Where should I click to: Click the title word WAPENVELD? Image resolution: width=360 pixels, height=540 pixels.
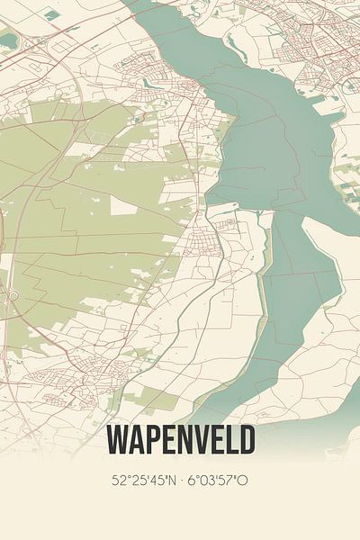tap(180, 439)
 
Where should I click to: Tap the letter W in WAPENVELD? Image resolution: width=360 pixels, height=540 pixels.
tap(118, 439)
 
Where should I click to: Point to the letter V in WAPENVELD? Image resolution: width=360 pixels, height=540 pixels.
tap(197, 439)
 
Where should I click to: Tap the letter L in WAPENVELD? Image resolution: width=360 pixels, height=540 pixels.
tap(229, 439)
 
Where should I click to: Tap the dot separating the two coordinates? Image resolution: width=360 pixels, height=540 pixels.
tap(182, 480)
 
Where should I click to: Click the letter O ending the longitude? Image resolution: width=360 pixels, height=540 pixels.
tap(243, 480)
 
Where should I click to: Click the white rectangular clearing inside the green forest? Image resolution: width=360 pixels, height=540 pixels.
tap(123, 206)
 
